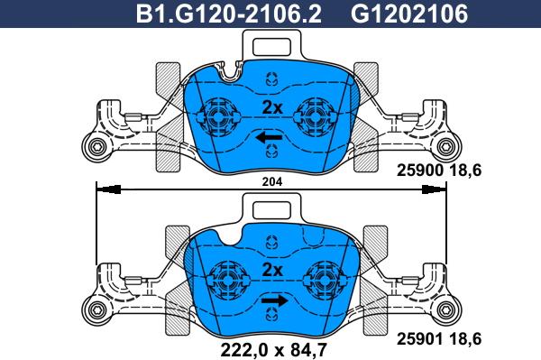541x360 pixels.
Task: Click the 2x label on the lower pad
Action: [x=272, y=271]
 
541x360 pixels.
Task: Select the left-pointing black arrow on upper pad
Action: [x=267, y=138]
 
